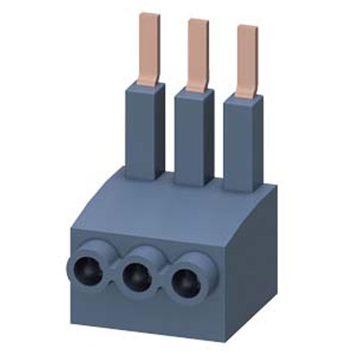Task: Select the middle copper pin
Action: pyautogui.click(x=197, y=54)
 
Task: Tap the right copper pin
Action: pyautogui.click(x=247, y=61)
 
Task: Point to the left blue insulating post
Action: pyautogui.click(x=146, y=130)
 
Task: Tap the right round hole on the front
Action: pyautogui.click(x=185, y=282)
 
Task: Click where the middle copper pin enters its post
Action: pyautogui.click(x=197, y=90)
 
